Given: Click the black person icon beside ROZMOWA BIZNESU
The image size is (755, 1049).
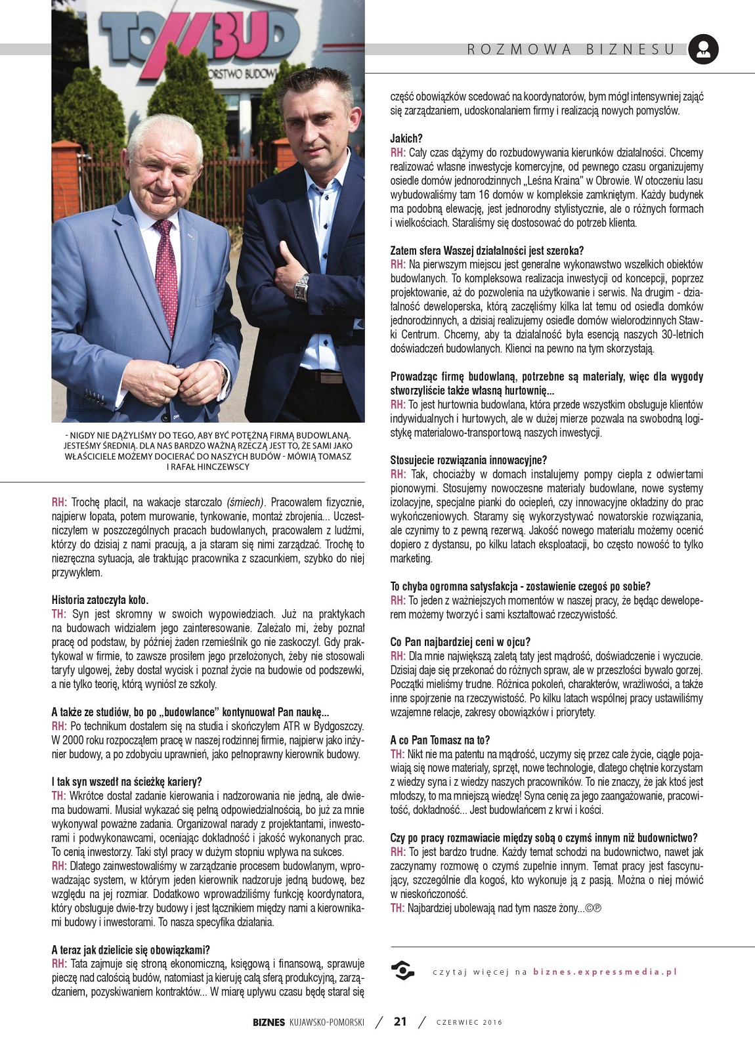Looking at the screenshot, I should (x=703, y=49).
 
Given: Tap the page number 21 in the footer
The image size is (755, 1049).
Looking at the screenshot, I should (x=400, y=1021).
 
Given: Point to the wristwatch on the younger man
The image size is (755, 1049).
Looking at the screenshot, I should (x=301, y=287).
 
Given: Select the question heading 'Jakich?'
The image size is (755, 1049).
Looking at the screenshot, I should (x=406, y=139).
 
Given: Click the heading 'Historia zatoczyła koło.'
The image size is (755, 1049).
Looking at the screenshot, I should (x=100, y=600).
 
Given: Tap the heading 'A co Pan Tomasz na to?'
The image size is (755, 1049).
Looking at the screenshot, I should (x=440, y=740).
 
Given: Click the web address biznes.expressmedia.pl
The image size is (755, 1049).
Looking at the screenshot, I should (x=605, y=972).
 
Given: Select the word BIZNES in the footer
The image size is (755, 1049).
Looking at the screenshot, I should (x=269, y=1022).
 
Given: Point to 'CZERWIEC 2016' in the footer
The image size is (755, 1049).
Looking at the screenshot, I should (x=469, y=1022).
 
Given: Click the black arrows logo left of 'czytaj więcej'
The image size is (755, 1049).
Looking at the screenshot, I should (x=402, y=970).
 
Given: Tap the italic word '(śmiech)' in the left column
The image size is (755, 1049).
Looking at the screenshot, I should (x=246, y=503).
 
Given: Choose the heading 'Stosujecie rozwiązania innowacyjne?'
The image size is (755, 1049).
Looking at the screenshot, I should (x=468, y=460).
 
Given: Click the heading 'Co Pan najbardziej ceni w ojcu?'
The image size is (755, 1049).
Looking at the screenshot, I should (x=460, y=642).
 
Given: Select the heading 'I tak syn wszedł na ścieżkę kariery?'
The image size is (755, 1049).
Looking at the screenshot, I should (x=127, y=782).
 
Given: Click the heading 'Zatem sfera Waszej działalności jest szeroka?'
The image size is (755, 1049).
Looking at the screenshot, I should (x=486, y=251).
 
